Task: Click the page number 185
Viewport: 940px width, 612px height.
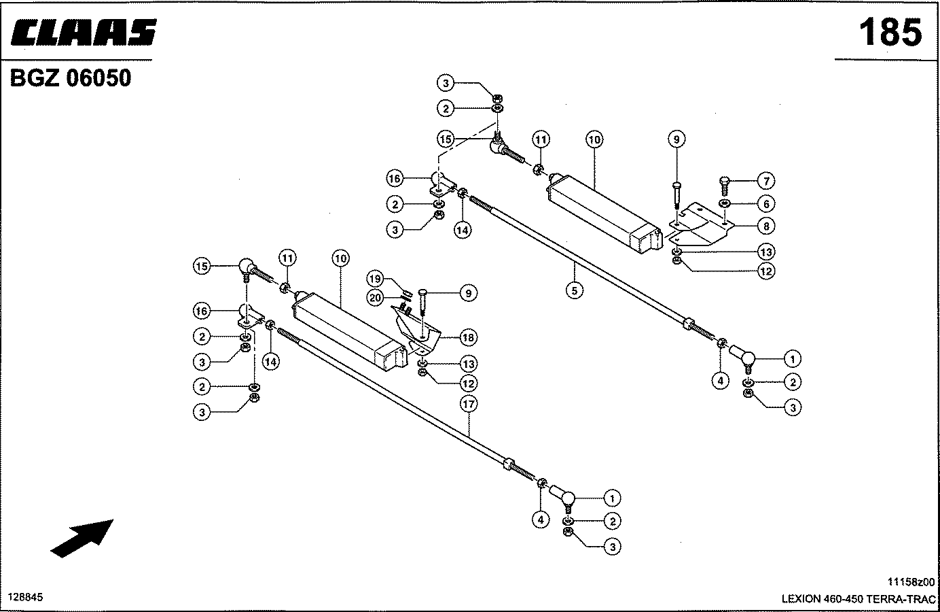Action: click(x=890, y=32)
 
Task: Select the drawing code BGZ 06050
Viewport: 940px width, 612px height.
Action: click(x=70, y=78)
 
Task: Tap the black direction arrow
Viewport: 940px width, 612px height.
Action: click(x=82, y=538)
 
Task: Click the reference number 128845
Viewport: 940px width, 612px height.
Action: click(x=25, y=597)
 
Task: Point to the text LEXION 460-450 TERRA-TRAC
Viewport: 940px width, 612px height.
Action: click(x=858, y=599)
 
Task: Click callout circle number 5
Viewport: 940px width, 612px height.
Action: click(x=574, y=290)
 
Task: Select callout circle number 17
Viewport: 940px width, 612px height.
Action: click(x=468, y=405)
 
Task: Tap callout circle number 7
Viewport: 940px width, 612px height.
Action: click(x=765, y=181)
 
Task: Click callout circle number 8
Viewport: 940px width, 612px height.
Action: click(x=765, y=226)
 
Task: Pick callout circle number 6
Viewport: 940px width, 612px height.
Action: click(x=765, y=203)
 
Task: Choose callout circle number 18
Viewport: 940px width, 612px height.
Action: click(x=468, y=337)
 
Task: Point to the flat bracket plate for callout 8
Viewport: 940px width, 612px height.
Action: click(x=700, y=224)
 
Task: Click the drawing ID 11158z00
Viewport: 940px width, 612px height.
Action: click(x=911, y=581)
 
